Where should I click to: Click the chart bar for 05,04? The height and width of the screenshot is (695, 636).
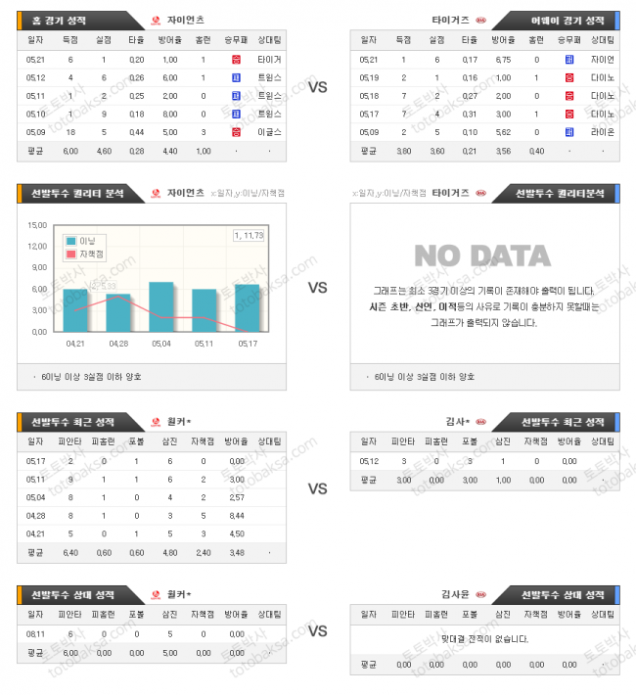[x=161, y=307]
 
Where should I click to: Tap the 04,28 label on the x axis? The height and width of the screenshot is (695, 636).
[x=118, y=344]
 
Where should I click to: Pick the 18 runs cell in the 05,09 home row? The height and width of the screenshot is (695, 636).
[x=69, y=132]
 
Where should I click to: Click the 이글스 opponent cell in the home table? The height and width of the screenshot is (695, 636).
[x=269, y=132]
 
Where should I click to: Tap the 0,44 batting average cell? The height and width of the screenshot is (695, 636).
[x=136, y=132]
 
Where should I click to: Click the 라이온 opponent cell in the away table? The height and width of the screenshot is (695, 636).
[x=604, y=132]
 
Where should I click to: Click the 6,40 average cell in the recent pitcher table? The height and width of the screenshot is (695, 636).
[x=69, y=554]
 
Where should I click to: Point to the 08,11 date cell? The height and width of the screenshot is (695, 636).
[x=36, y=634]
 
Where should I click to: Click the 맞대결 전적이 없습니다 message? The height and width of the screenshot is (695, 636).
[x=484, y=639]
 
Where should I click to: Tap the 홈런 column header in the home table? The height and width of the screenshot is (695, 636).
[x=203, y=40]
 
